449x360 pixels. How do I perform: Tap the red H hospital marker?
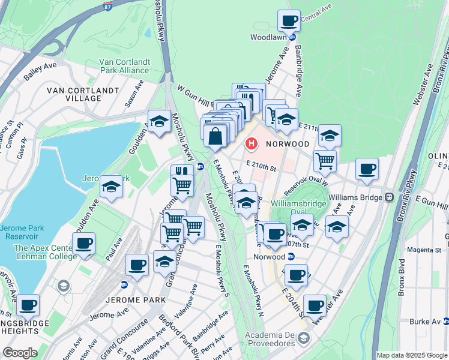[251, 145]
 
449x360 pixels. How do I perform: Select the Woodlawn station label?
[270, 37]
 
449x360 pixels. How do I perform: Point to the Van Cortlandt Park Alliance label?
[125, 66]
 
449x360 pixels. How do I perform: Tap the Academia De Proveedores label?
[279, 339]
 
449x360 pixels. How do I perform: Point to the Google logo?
[20, 353]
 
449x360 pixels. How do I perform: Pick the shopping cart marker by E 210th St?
[325, 160]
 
